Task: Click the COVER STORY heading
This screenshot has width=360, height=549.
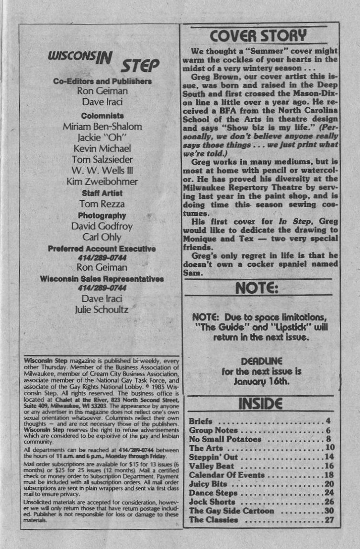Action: pos(259,36)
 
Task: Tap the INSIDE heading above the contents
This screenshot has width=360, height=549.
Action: pos(260,404)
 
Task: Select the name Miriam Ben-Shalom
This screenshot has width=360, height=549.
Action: pos(102,126)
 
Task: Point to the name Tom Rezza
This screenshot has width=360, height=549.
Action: pos(101,204)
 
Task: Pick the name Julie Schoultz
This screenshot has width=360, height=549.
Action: pos(102,309)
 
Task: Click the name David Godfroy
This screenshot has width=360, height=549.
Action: pos(102,226)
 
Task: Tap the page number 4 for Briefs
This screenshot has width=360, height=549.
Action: pos(329,422)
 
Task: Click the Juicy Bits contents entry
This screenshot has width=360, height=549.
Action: pos(208,484)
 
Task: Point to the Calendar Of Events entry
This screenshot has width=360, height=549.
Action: pos(227,475)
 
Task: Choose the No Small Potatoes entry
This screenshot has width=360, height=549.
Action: pos(225,439)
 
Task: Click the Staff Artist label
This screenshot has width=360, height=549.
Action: pos(101,193)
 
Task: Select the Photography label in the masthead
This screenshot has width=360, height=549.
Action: pos(102,215)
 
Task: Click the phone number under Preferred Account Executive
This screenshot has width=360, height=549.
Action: pos(101,258)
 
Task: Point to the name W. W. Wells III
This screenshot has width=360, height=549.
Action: pos(102,170)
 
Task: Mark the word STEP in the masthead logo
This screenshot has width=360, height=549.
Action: pos(140,65)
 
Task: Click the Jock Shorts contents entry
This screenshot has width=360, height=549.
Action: pos(212,502)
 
